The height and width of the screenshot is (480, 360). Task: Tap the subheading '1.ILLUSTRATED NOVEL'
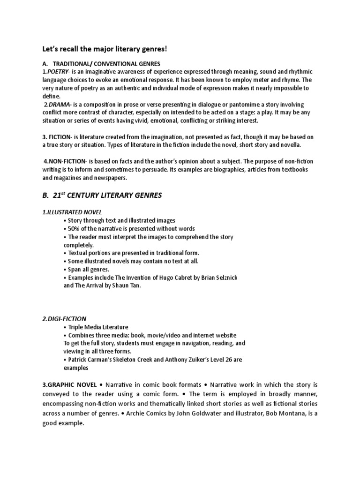click(72, 212)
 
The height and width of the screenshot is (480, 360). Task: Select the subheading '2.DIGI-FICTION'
click(64, 319)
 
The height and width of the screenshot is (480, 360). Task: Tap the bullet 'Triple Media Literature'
click(98, 327)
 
